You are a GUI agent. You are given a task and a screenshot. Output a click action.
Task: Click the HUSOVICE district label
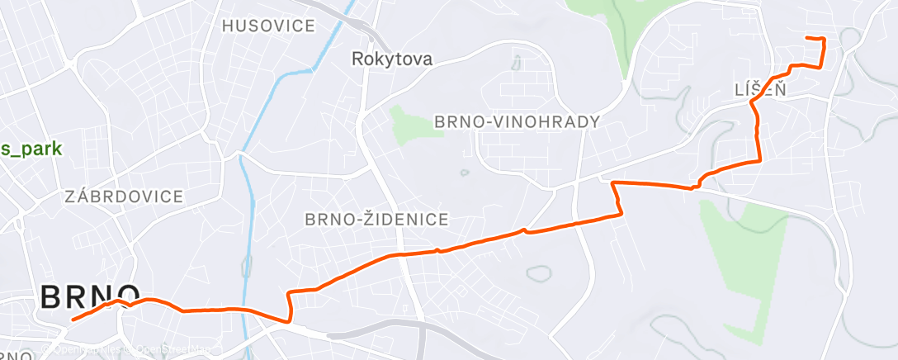coord(269,26)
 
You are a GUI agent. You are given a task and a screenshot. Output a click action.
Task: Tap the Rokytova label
coord(392,59)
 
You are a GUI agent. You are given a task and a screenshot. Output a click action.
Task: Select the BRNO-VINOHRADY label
coord(517,122)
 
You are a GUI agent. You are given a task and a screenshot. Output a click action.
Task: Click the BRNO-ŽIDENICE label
coord(376,220)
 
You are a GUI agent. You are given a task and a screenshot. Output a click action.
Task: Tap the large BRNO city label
coord(91,297)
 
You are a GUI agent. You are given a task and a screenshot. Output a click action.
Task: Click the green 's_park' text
coord(31,149)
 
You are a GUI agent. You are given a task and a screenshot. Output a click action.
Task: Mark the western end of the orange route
coord(73,320)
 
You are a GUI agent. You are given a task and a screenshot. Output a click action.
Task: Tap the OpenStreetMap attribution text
coord(165,348)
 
